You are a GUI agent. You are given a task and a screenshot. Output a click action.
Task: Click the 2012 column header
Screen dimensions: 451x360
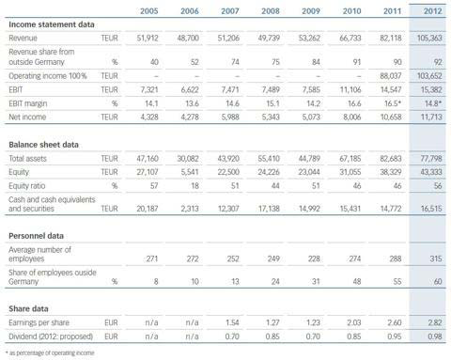click(433, 11)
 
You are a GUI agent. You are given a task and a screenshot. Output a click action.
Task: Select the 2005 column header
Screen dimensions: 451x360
click(149, 11)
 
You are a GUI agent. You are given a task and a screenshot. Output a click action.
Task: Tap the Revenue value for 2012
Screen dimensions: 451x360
click(429, 38)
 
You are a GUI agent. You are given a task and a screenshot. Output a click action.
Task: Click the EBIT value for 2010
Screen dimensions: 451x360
click(350, 89)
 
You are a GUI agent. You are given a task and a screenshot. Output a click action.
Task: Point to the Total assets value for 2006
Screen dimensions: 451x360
click(188, 159)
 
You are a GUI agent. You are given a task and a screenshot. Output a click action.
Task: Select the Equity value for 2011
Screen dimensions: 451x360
click(391, 172)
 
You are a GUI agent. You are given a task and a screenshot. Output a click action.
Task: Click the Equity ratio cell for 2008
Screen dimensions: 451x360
click(275, 186)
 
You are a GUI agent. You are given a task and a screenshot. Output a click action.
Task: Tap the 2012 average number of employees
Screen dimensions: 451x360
click(436, 258)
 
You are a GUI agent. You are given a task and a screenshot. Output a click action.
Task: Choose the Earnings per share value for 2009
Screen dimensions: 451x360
click(313, 322)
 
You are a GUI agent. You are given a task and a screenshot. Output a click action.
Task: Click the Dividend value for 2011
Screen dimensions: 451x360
click(394, 337)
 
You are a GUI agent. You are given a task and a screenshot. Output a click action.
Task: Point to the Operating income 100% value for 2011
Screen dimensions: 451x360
click(391, 76)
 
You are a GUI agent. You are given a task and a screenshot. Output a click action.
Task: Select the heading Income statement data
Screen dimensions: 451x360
click(52, 24)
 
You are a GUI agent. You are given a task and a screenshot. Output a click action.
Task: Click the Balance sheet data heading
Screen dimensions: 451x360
click(43, 145)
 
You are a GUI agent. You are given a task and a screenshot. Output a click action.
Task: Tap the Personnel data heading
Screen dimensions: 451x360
click(36, 236)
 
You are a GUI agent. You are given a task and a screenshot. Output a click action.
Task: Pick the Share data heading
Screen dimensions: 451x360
click(28, 309)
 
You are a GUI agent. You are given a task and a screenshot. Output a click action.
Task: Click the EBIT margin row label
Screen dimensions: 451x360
click(28, 103)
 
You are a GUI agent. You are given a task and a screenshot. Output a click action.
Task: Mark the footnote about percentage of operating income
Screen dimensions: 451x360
click(50, 353)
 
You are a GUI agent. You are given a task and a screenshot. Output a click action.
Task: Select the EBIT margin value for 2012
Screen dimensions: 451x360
click(433, 103)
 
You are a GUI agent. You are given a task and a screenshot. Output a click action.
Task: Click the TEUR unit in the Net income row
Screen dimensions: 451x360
click(109, 117)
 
